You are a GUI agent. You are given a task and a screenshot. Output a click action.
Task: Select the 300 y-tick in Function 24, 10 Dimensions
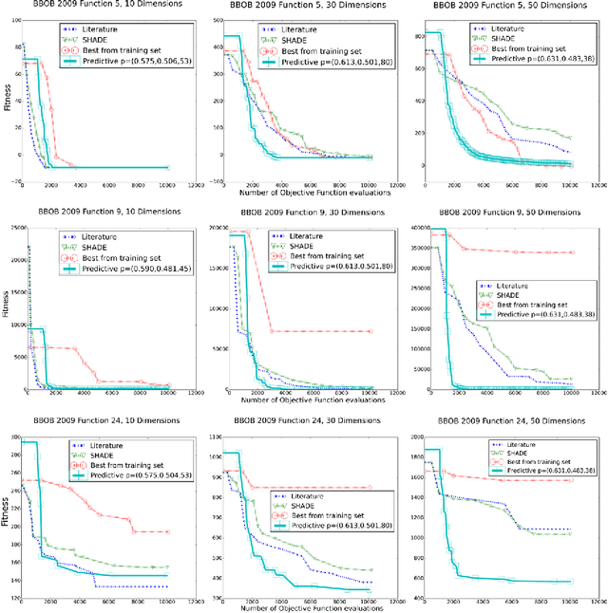click(16, 435)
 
